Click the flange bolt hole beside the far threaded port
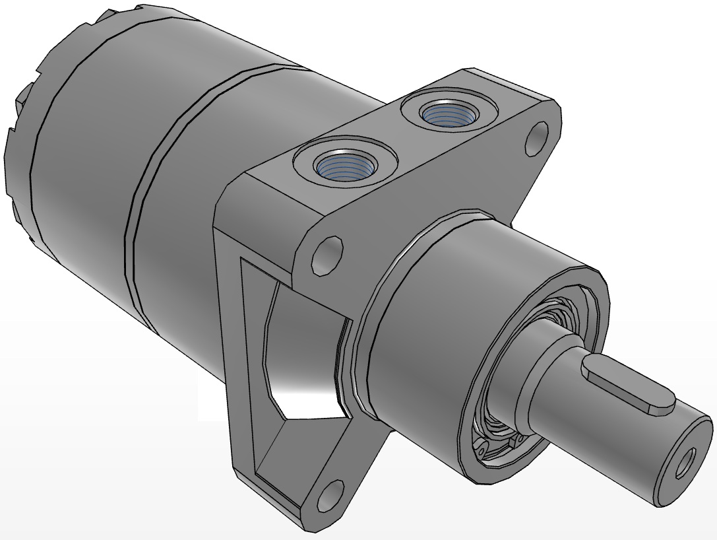point(539,138)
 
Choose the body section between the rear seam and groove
point(86,165)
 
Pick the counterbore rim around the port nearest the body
point(301,161)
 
